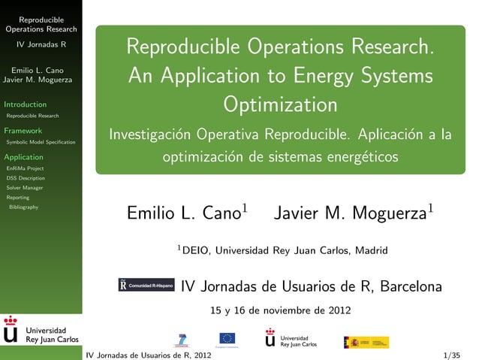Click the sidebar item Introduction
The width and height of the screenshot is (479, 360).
(x=26, y=104)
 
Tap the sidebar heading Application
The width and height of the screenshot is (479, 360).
(x=24, y=157)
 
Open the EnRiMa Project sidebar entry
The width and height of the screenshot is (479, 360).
(x=25, y=169)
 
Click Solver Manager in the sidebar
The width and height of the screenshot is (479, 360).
(x=25, y=188)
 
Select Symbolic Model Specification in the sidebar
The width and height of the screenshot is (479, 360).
(x=41, y=142)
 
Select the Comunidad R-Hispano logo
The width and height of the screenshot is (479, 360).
(x=146, y=286)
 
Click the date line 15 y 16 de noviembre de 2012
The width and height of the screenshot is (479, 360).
(x=279, y=310)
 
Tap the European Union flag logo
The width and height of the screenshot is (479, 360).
(x=227, y=339)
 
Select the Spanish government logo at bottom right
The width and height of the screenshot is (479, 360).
(x=366, y=342)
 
